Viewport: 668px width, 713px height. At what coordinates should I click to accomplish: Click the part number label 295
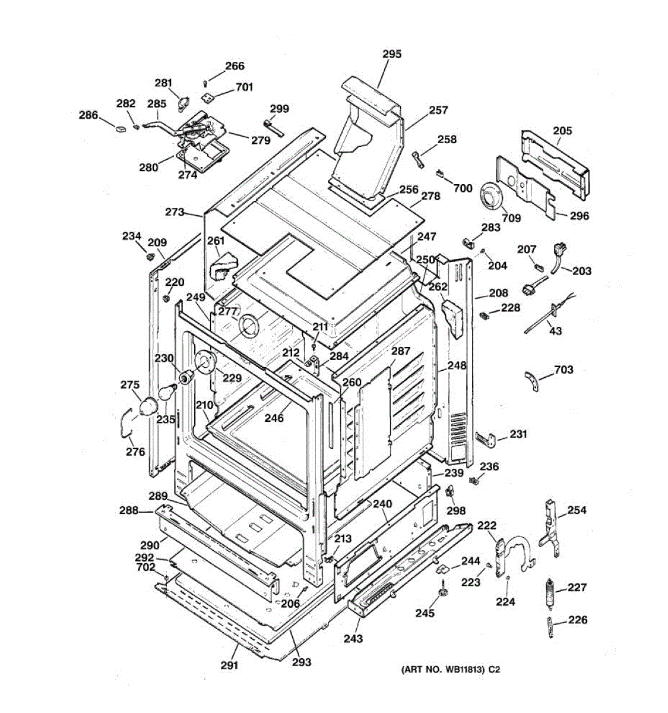click(x=391, y=54)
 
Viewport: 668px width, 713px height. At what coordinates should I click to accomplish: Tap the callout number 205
click(x=562, y=131)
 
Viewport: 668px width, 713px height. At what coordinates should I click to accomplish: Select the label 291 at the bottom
click(x=229, y=665)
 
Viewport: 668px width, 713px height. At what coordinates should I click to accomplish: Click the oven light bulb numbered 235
click(x=168, y=393)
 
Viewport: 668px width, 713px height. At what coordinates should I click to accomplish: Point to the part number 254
click(x=577, y=510)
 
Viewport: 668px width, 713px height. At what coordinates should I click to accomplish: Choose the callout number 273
click(x=175, y=212)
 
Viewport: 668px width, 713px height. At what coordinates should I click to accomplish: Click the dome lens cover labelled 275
click(x=148, y=406)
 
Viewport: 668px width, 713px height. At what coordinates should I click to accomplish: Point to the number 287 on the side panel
click(x=401, y=351)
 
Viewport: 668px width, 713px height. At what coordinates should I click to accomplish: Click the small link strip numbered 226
click(x=550, y=627)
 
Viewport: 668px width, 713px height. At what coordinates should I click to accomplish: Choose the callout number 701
click(x=243, y=87)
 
